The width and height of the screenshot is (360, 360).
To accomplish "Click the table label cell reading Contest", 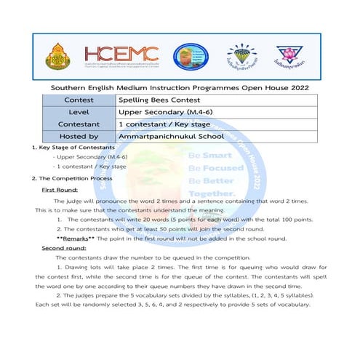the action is [x=84, y=100].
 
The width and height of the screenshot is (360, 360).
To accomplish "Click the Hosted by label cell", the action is [x=84, y=135].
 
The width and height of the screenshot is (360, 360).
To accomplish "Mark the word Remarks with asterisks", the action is [x=78, y=239].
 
